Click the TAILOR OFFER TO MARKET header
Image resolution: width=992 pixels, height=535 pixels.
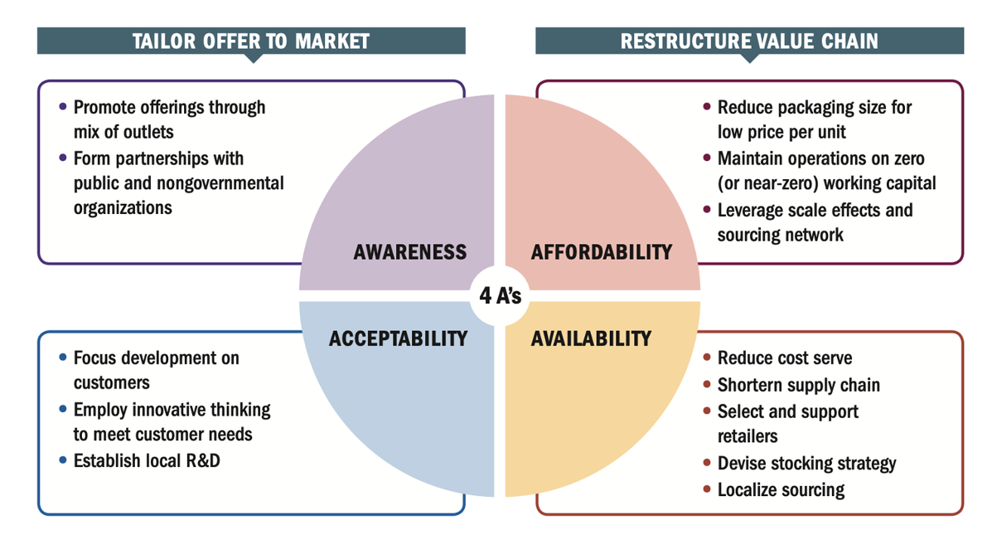tap(250, 41)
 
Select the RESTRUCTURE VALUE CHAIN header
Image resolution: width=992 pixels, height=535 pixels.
tap(749, 41)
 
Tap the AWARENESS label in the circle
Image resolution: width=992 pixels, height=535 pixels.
tap(410, 252)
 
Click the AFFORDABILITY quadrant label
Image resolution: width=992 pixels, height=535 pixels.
tap(601, 252)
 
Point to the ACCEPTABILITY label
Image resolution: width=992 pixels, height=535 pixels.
tap(398, 338)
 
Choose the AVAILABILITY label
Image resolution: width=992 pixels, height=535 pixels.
tap(591, 338)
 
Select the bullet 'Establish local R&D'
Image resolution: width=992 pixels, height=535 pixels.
tap(147, 460)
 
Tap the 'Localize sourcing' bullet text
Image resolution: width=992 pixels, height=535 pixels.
tap(781, 489)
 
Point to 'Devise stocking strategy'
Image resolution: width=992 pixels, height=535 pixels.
tap(806, 463)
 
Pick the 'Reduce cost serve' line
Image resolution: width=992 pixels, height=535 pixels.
tap(784, 358)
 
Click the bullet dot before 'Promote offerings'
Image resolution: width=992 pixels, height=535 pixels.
tap(64, 107)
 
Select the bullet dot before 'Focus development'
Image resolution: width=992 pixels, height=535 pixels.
tap(64, 358)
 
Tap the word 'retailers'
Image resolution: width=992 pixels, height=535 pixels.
tap(748, 435)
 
